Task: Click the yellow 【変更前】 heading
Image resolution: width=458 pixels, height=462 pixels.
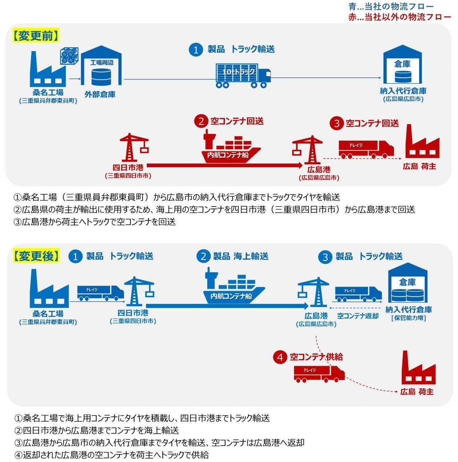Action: point(36,36)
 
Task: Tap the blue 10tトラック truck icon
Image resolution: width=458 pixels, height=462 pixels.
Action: point(243,75)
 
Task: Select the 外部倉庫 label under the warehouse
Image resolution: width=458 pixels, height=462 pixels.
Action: point(100,94)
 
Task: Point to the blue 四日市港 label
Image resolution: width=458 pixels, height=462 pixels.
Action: point(133,312)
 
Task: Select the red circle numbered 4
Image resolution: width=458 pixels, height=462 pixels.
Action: point(280,357)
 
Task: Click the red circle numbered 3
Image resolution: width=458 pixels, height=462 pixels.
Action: point(337,123)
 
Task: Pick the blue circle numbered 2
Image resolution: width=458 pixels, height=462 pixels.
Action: point(203,257)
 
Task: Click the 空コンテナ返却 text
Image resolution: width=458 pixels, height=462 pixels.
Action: point(358,316)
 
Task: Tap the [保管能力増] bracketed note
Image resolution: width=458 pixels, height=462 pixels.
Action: point(409,318)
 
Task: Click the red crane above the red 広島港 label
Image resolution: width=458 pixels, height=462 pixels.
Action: point(308,149)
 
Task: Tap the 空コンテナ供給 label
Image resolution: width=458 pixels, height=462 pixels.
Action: point(316,357)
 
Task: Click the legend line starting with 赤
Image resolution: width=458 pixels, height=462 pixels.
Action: point(399,17)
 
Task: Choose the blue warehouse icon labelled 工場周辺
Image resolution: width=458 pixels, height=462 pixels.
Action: point(101,67)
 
